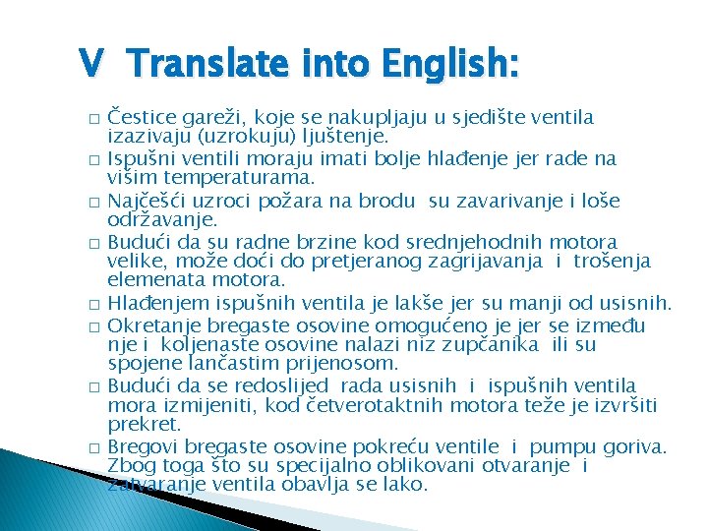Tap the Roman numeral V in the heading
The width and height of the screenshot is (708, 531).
(x=91, y=64)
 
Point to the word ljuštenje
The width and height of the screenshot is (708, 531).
(x=348, y=137)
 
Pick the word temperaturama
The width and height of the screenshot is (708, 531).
(x=233, y=178)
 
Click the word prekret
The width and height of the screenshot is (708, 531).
(x=144, y=425)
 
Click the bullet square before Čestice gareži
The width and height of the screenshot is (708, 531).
(x=91, y=119)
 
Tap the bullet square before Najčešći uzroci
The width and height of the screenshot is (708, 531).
(x=91, y=203)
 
